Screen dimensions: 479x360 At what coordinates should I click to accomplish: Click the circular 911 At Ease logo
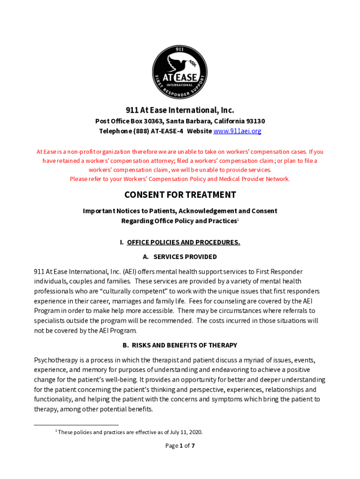click(x=180, y=72)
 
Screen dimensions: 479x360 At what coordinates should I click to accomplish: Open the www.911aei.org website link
click(x=237, y=131)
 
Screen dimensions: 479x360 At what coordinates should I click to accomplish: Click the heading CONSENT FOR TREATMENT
click(x=180, y=195)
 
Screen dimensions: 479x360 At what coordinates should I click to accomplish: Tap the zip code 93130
click(x=256, y=121)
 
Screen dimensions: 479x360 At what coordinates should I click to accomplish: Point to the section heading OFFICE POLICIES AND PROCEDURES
click(x=183, y=242)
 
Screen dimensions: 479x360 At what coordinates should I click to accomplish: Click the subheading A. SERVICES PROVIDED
click(x=180, y=257)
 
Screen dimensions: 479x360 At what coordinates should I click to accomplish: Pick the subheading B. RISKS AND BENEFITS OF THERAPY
click(x=180, y=345)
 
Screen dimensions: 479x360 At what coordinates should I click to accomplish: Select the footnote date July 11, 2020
click(x=187, y=432)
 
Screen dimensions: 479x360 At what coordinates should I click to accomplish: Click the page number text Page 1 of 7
click(x=180, y=446)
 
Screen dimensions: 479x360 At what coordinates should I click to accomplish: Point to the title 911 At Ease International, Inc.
click(x=180, y=110)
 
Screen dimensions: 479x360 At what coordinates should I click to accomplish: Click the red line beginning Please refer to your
click(x=180, y=179)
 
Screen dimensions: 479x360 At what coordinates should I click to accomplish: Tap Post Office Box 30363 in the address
click(x=128, y=121)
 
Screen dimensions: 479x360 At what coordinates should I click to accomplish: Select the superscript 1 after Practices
click(x=238, y=219)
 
